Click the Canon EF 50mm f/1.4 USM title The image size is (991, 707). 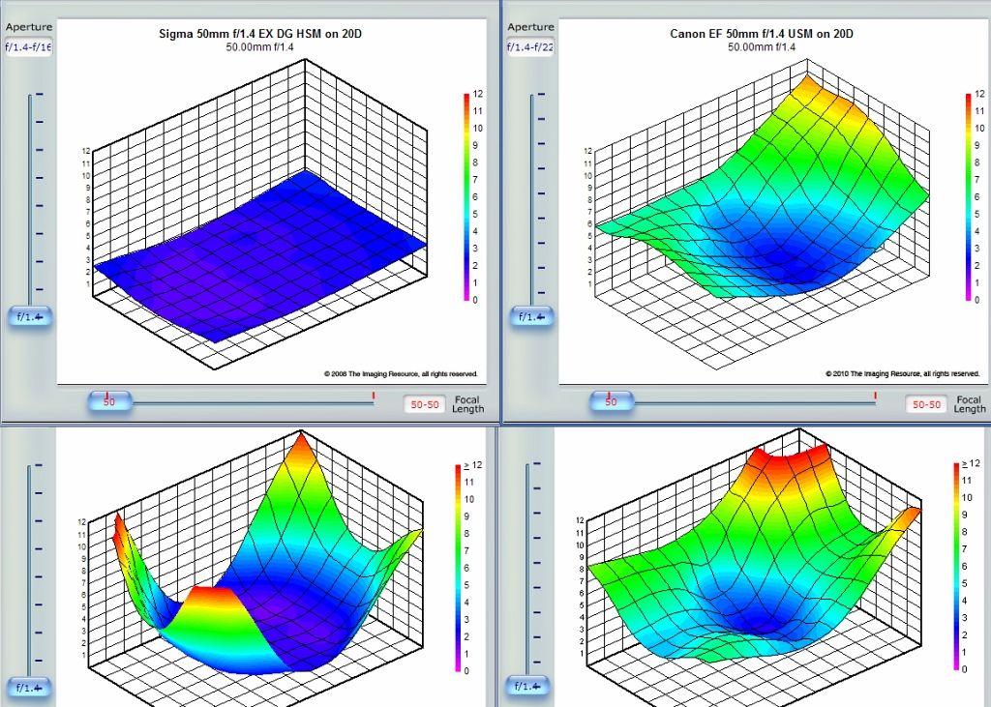click(762, 34)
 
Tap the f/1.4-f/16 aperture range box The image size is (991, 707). click(28, 46)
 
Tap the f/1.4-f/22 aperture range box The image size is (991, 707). click(530, 46)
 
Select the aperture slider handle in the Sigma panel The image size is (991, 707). click(29, 316)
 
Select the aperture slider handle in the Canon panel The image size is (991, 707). click(531, 316)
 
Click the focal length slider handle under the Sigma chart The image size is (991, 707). click(109, 401)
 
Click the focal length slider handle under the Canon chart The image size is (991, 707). click(611, 401)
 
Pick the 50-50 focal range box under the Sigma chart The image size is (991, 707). click(424, 405)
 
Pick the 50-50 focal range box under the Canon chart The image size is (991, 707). click(926, 405)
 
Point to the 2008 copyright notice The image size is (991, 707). click(401, 373)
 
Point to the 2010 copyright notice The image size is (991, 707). click(902, 373)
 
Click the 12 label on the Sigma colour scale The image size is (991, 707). click(477, 94)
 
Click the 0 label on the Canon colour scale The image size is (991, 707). click(977, 300)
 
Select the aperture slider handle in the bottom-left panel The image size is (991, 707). click(29, 688)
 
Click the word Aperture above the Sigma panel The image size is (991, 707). click(28, 27)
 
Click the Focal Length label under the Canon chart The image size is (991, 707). click(970, 404)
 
